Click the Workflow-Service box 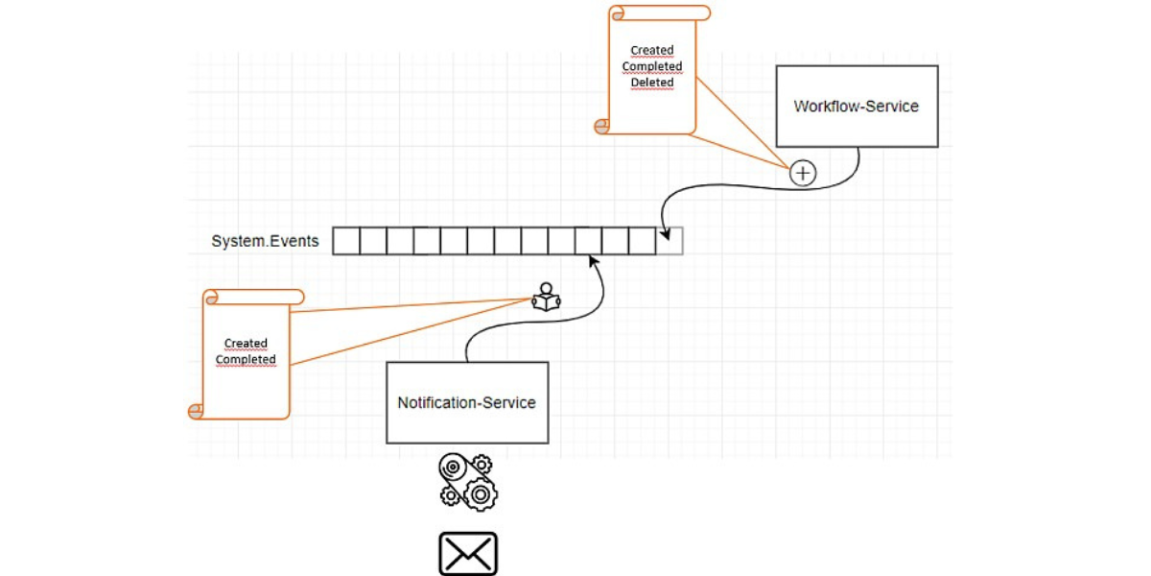tap(857, 107)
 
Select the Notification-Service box tap(467, 402)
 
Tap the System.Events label tap(265, 241)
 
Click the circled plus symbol tap(802, 173)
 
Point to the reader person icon tap(546, 298)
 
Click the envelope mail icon tap(468, 554)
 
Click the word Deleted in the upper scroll tap(652, 83)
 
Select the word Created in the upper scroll tap(652, 50)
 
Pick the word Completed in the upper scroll tap(652, 66)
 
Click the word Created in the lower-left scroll tap(246, 343)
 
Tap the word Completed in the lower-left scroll tap(246, 360)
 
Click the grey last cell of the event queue tap(670, 241)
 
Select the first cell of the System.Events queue tap(346, 241)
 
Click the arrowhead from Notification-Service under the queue tap(593, 260)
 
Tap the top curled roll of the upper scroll tap(660, 12)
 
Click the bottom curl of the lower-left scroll tap(197, 411)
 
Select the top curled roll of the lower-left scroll tap(253, 297)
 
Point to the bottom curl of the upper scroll tap(602, 126)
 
